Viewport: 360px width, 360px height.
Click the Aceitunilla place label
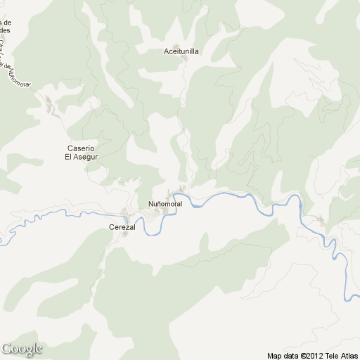pos(181,51)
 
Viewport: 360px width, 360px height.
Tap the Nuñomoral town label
pos(165,204)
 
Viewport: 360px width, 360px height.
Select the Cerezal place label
pos(122,228)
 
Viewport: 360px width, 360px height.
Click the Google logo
pos(22,349)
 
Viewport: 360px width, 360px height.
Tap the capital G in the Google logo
pos(7,348)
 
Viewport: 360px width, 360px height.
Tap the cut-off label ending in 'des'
pos(5,31)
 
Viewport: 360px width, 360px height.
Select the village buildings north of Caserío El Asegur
pos(49,108)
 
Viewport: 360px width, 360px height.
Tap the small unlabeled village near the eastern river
pos(321,222)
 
